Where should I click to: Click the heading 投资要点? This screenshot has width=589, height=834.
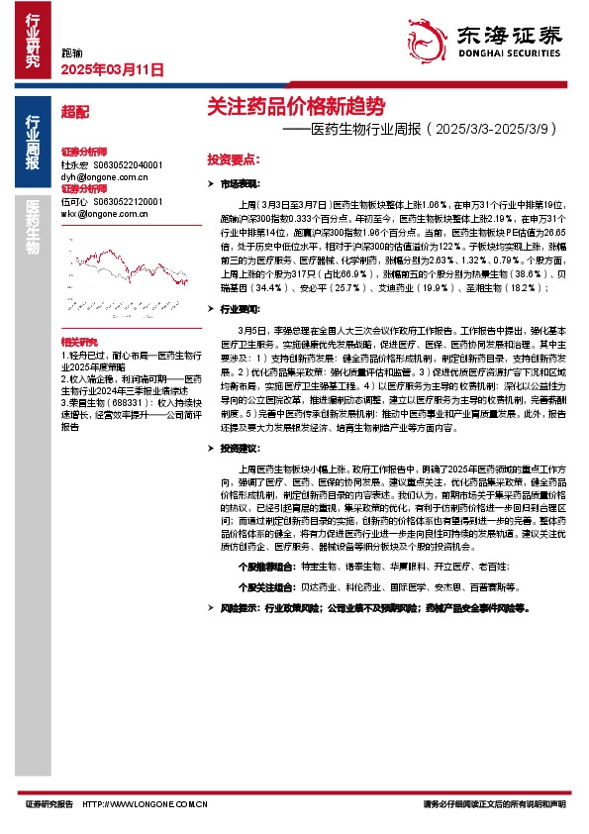coord(233,158)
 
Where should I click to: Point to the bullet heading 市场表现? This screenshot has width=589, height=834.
coord(240,184)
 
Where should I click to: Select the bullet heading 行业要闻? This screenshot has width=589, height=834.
coord(240,310)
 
